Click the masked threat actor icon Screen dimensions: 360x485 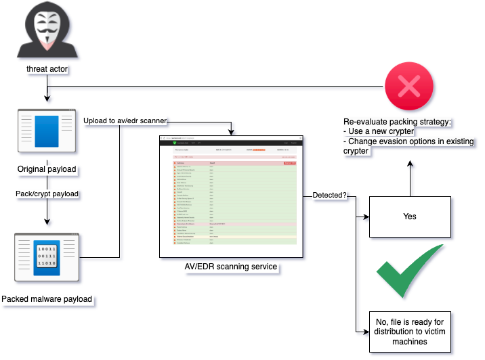click(x=46, y=31)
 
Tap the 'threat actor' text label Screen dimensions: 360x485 click(x=46, y=69)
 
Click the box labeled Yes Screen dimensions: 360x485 click(x=409, y=217)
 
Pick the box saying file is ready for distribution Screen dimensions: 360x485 click(x=409, y=332)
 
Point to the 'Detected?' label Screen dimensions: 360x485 click(x=329, y=196)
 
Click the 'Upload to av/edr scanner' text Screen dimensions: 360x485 click(x=125, y=121)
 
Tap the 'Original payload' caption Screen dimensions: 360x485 click(x=46, y=168)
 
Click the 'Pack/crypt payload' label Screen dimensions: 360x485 click(x=46, y=194)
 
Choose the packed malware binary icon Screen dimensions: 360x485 click(x=46, y=256)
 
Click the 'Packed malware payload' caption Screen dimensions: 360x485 click(x=47, y=298)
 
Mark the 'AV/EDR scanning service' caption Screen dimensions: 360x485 click(x=231, y=267)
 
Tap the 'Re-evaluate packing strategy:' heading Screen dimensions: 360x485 click(x=396, y=122)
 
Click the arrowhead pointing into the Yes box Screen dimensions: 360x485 click(x=365, y=217)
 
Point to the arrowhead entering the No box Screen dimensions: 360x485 click(x=365, y=332)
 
